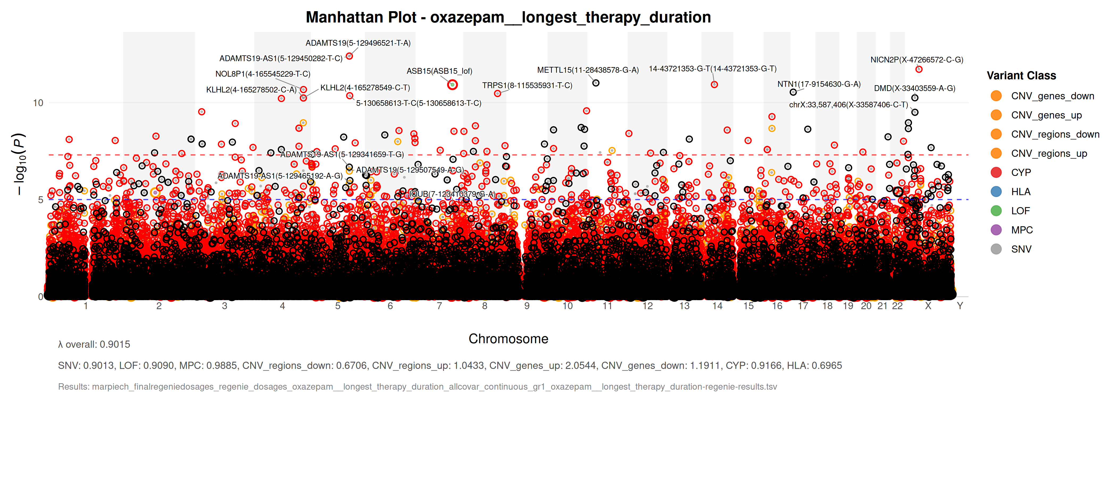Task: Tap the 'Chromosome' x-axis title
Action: (x=508, y=339)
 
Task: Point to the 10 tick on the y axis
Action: (x=38, y=103)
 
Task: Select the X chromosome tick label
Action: (x=928, y=306)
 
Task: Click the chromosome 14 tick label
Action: (x=717, y=306)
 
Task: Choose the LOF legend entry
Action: (x=1020, y=211)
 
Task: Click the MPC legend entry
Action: (x=1022, y=230)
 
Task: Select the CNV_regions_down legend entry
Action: (x=1055, y=134)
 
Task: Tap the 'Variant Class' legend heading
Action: (x=1021, y=76)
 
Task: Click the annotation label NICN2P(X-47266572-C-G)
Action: (x=917, y=60)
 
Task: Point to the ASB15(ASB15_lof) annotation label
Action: (x=439, y=71)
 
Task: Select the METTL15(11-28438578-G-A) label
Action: (x=587, y=70)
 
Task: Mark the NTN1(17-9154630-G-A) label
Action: (x=819, y=84)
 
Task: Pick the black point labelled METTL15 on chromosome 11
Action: (x=596, y=83)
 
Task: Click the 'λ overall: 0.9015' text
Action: (x=94, y=345)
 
